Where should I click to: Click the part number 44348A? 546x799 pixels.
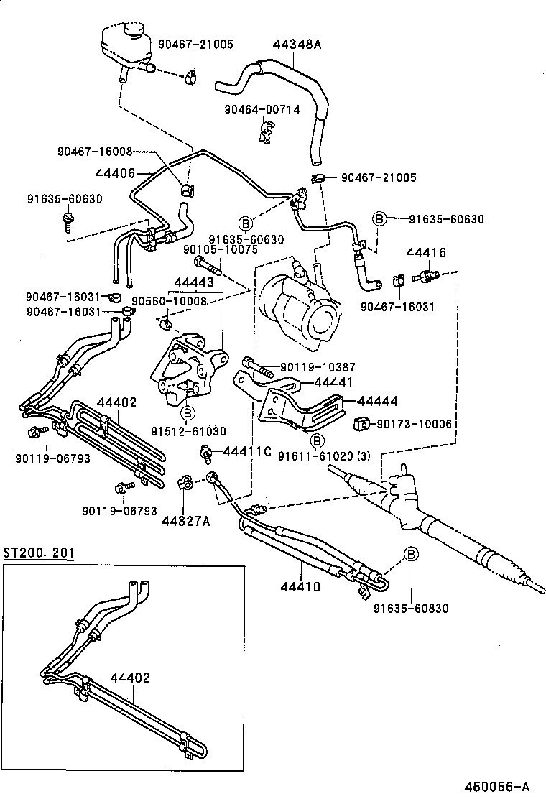[x=297, y=45]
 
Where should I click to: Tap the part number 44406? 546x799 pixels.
[x=115, y=172]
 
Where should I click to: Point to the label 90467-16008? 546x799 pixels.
[x=95, y=152]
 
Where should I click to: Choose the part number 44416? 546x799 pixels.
[x=426, y=252]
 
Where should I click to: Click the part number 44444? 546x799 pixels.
[x=377, y=401]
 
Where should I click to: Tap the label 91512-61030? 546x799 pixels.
[x=188, y=431]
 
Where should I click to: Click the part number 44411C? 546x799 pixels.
[x=246, y=451]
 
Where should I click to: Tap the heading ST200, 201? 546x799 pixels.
[x=38, y=553]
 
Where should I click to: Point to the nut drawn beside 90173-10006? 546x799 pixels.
[x=362, y=422]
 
